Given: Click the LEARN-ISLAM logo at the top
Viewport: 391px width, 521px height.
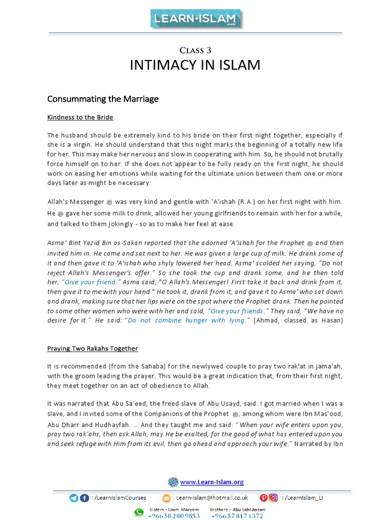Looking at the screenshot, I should click(x=195, y=19).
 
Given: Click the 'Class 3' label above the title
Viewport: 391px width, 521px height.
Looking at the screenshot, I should click(x=195, y=50).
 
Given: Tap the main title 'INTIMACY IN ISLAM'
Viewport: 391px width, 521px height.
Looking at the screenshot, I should click(x=195, y=65).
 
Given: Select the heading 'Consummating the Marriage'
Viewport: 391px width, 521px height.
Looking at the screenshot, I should click(x=103, y=99).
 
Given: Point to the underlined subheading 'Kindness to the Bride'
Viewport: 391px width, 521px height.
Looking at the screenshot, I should click(x=80, y=118).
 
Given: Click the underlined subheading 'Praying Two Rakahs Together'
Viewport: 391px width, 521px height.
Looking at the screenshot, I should click(x=93, y=349).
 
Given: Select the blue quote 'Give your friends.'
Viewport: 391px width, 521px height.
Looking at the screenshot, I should click(x=237, y=310).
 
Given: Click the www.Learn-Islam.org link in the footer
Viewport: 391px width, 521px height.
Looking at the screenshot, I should click(x=212, y=482).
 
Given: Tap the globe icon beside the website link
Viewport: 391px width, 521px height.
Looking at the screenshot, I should click(x=173, y=482).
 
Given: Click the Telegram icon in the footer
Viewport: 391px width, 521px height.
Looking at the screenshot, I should click(x=74, y=498).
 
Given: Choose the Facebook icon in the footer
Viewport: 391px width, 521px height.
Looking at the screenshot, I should click(x=84, y=498).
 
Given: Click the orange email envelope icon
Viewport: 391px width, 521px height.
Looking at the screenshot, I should click(x=166, y=498).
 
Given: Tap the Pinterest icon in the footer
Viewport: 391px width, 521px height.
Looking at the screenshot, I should click(x=264, y=498).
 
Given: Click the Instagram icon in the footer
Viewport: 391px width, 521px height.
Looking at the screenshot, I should click(x=273, y=498).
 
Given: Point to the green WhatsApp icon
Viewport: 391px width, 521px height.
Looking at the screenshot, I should click(x=138, y=512).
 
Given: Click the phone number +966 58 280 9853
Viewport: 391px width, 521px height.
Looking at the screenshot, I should click(x=174, y=516).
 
